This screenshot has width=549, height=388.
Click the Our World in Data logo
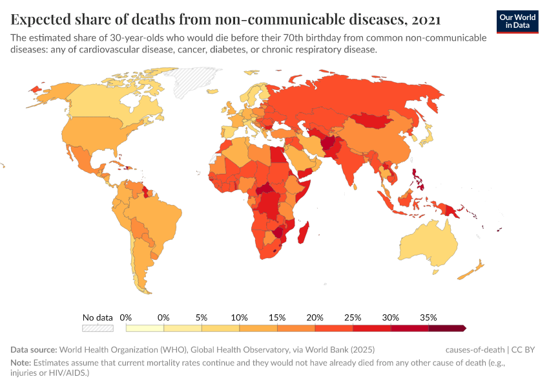tap(517, 21)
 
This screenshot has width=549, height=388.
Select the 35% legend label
tap(428, 318)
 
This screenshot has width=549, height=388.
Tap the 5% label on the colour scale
tap(202, 318)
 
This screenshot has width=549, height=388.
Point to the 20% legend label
tap(315, 318)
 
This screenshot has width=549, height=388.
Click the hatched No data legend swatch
tap(98, 328)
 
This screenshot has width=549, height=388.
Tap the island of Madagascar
tap(304, 232)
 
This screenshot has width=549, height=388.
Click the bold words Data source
tap(34, 350)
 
